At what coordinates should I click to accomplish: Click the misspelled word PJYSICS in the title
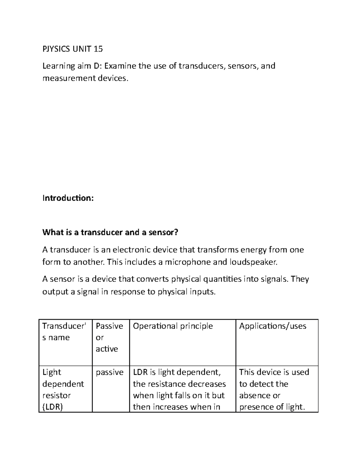[56, 49]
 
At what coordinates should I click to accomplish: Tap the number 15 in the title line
[98, 49]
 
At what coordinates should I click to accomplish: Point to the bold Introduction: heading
[68, 198]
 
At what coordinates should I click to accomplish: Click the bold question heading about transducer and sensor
[110, 232]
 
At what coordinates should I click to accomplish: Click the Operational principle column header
[173, 326]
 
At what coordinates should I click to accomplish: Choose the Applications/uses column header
[273, 326]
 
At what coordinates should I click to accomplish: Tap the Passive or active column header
[109, 337]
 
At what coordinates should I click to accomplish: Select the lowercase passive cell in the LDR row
[109, 372]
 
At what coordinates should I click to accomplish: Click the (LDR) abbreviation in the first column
[52, 407]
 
